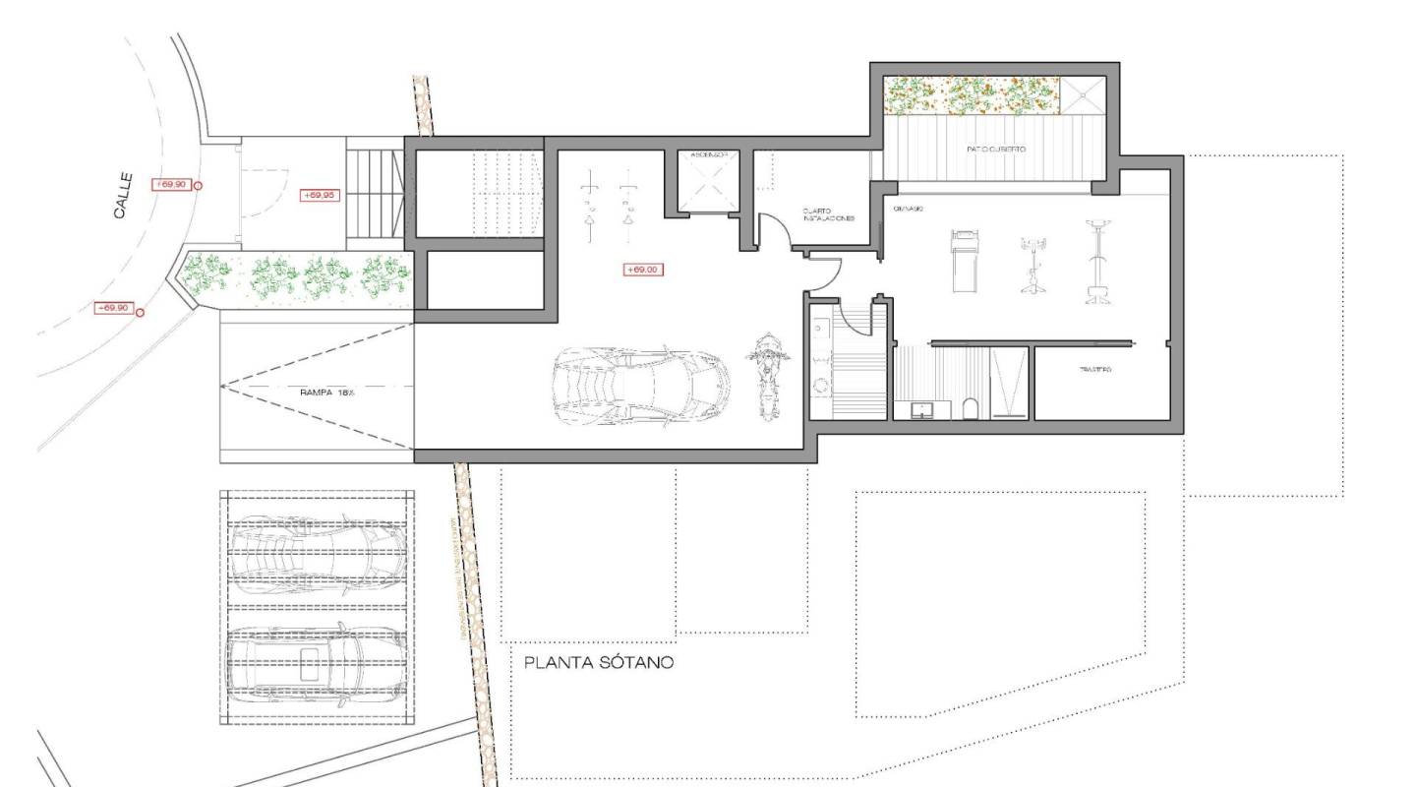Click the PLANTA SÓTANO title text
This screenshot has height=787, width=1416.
coord(598,663)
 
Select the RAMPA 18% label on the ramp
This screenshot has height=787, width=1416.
coord(327,392)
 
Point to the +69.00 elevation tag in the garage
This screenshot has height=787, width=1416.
coord(641,270)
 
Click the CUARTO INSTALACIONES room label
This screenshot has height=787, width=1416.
coord(826,213)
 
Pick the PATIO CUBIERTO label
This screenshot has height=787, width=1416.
coord(995,150)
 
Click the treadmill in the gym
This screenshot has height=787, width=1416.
coord(964,261)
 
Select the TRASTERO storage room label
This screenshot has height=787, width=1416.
coord(1094,370)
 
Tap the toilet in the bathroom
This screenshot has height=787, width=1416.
coord(971,408)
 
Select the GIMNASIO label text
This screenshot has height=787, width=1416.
coord(904,210)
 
